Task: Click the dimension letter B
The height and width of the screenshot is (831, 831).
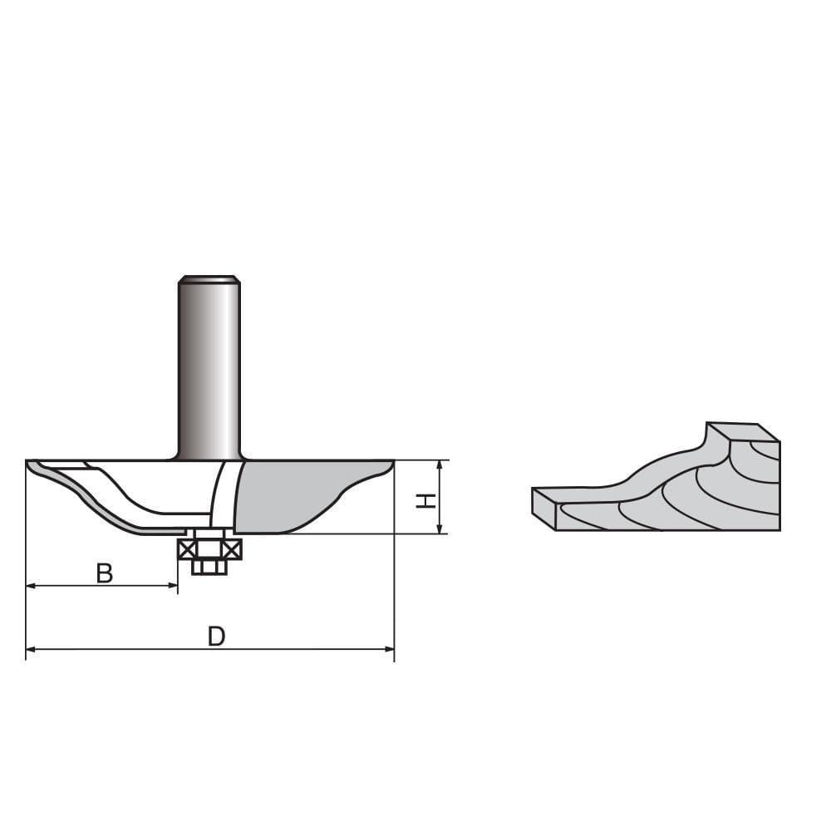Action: (104, 573)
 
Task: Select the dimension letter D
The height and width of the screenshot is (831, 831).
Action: (216, 636)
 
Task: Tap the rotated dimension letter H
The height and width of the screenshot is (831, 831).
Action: (425, 500)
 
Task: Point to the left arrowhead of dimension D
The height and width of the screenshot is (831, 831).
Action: (31, 649)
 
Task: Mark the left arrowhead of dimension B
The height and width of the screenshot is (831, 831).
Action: (31, 586)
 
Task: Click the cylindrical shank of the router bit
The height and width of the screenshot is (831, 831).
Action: (209, 366)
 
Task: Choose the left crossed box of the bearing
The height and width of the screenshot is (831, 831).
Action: (186, 549)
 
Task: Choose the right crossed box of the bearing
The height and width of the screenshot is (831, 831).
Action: (232, 549)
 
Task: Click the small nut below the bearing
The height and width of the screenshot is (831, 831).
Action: (209, 567)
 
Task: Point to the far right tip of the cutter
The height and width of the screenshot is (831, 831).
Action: (391, 463)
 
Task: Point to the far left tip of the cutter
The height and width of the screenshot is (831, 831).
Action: (29, 463)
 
